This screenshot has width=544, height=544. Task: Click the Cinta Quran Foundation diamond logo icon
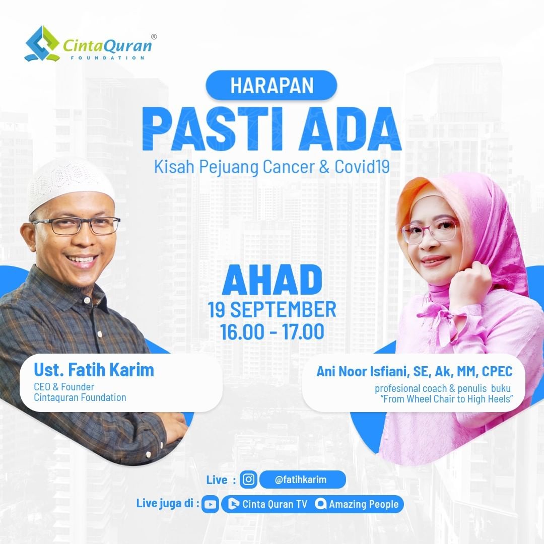pyautogui.click(x=42, y=44)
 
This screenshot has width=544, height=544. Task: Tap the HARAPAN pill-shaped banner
pyautogui.click(x=271, y=85)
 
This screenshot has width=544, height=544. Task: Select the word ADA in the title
pyautogui.click(x=350, y=129)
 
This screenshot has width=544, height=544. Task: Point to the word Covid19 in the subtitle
pyautogui.click(x=362, y=167)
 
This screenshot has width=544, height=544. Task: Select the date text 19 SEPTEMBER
pyautogui.click(x=272, y=309)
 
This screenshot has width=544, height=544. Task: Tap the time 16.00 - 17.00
pyautogui.click(x=272, y=331)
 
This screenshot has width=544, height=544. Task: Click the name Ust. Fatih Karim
pyautogui.click(x=94, y=370)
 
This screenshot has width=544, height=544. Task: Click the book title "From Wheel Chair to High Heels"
pyautogui.click(x=446, y=399)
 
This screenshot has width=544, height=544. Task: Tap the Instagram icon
pyautogui.click(x=248, y=480)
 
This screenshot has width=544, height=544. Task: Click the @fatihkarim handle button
pyautogui.click(x=302, y=480)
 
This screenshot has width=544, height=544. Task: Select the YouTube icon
pyautogui.click(x=210, y=504)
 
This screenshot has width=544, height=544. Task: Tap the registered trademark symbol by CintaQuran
pyautogui.click(x=154, y=36)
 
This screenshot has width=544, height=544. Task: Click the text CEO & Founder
pyautogui.click(x=64, y=387)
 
